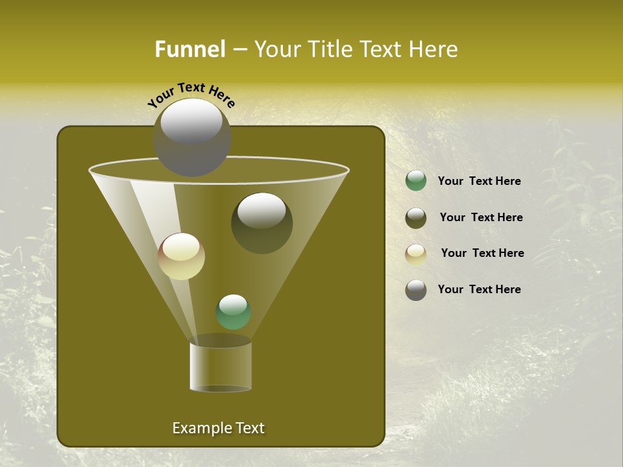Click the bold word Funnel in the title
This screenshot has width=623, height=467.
(189, 49)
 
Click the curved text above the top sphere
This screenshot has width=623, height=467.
(191, 95)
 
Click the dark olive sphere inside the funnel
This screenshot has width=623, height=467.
(262, 223)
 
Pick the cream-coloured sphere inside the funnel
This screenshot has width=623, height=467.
(182, 256)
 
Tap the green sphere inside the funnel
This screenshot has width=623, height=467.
(234, 312)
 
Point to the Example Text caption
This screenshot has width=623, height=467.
(218, 428)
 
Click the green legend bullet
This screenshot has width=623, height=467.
(416, 181)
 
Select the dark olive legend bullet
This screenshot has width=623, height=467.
(416, 218)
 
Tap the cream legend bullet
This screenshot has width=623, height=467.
(416, 254)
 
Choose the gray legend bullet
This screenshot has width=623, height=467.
(416, 290)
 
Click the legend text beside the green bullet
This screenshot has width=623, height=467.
(479, 181)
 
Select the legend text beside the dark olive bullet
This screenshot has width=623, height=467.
(481, 217)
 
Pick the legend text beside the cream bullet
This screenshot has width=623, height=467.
(482, 253)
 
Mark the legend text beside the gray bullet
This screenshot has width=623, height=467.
(479, 289)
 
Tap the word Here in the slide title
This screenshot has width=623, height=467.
(434, 49)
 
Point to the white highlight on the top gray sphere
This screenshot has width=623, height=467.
(191, 122)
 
